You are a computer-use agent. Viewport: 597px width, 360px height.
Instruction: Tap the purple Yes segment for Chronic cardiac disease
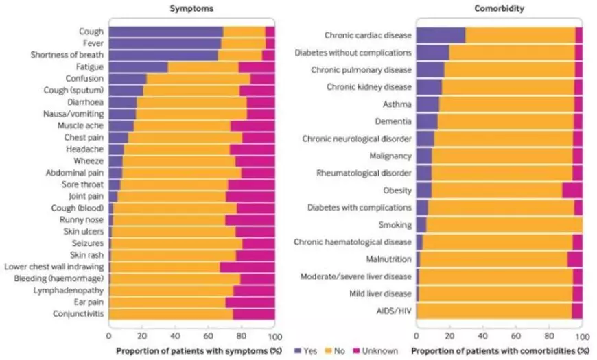441,35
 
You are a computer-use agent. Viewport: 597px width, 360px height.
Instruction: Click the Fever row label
90,43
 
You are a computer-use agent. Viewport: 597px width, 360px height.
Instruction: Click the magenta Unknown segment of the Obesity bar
572,190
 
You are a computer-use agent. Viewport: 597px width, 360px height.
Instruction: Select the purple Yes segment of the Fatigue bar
138,67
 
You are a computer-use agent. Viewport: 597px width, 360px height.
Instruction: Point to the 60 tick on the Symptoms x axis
209,337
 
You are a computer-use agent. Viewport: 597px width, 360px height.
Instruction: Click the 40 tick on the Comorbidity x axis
482,337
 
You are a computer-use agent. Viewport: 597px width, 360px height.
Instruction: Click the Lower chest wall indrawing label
54,267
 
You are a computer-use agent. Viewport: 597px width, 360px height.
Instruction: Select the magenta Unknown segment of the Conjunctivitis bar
254,314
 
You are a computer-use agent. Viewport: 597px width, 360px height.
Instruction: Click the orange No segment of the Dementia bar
505,121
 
